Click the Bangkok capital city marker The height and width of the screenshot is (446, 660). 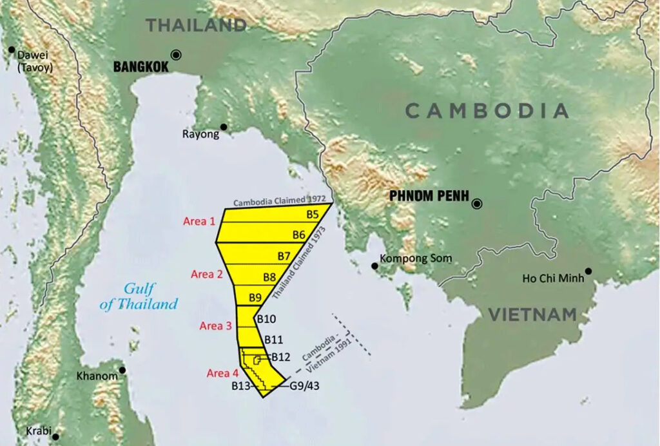(x=176, y=55)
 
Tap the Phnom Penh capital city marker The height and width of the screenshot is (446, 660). (x=477, y=204)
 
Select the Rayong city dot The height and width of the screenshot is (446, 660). (x=224, y=126)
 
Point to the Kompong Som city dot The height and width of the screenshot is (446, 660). (x=374, y=266)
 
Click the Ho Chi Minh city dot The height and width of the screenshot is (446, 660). (x=588, y=271)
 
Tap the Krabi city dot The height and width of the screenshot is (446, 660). (x=55, y=436)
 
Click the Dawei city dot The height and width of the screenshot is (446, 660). (x=11, y=49)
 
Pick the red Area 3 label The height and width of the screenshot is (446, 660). (x=215, y=326)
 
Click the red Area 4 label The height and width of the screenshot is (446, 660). (x=222, y=373)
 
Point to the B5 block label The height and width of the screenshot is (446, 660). (x=313, y=214)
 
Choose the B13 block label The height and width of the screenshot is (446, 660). (x=240, y=387)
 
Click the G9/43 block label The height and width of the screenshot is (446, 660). (x=304, y=387)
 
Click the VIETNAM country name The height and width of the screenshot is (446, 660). (x=532, y=315)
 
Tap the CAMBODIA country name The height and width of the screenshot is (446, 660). (x=487, y=111)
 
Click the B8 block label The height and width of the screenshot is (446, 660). (x=270, y=277)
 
